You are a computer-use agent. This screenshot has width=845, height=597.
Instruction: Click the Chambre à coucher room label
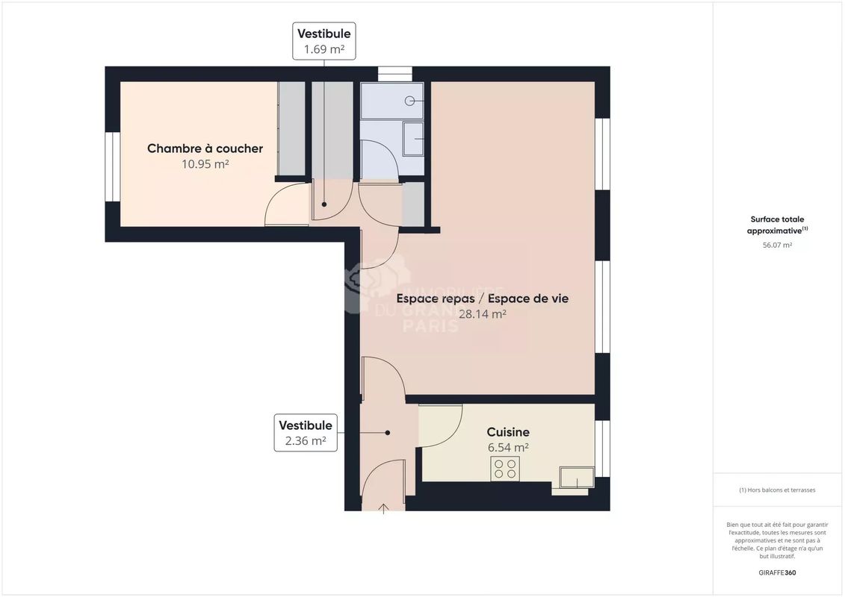(x=205, y=149)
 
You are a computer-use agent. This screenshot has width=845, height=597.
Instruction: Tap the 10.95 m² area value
(x=205, y=164)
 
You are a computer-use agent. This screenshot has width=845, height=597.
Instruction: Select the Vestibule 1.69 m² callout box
(x=324, y=41)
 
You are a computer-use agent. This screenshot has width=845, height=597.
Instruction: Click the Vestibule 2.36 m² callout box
(x=305, y=433)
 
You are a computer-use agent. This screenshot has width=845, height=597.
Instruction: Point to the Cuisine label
(x=508, y=432)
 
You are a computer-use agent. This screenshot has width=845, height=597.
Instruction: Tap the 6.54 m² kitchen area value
(x=508, y=448)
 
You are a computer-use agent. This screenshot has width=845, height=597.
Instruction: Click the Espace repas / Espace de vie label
(x=482, y=298)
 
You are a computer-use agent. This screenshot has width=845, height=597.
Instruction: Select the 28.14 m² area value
(x=482, y=314)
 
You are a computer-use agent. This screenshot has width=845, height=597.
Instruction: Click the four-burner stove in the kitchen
(x=505, y=469)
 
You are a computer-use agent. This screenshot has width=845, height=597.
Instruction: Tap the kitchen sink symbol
(x=577, y=478)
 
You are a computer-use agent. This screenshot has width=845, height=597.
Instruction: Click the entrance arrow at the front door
(x=384, y=508)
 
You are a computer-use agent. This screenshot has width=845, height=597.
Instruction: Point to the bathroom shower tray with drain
(x=391, y=101)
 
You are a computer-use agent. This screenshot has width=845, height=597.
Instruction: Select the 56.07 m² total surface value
(x=777, y=245)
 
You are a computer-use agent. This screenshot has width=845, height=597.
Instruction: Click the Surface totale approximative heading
(x=777, y=225)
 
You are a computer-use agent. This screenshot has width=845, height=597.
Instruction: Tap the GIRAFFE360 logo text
(x=777, y=573)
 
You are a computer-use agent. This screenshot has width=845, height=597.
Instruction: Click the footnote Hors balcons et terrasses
(x=777, y=490)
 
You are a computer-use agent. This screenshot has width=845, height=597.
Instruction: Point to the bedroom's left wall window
(x=112, y=166)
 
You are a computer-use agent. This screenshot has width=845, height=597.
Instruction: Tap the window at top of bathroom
(x=394, y=73)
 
